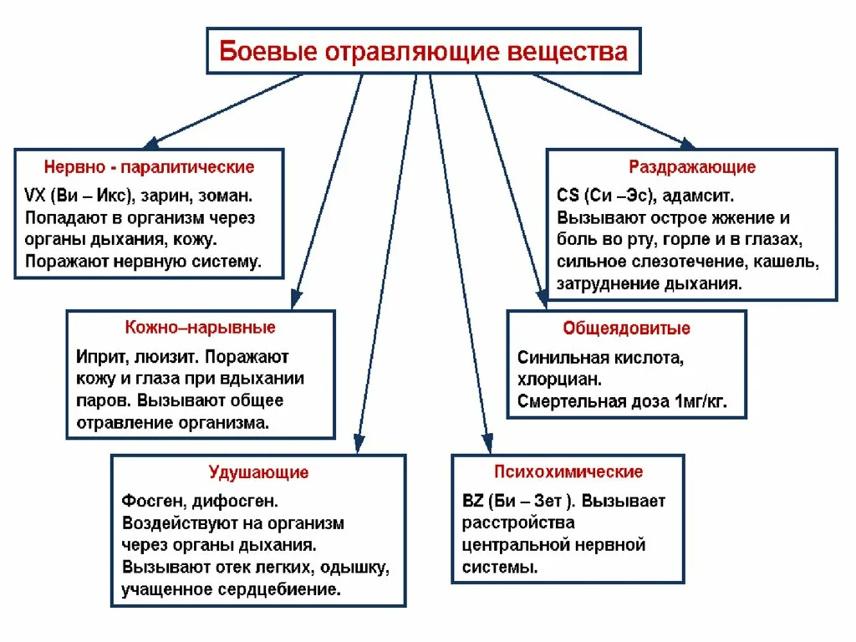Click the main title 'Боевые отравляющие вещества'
[423, 51]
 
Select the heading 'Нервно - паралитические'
[149, 167]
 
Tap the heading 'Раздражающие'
[691, 167]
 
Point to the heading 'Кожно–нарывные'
[200, 327]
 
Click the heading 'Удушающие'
[258, 472]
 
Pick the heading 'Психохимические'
[568, 471]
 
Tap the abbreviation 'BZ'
[472, 502]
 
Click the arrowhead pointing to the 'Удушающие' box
[358, 445]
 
